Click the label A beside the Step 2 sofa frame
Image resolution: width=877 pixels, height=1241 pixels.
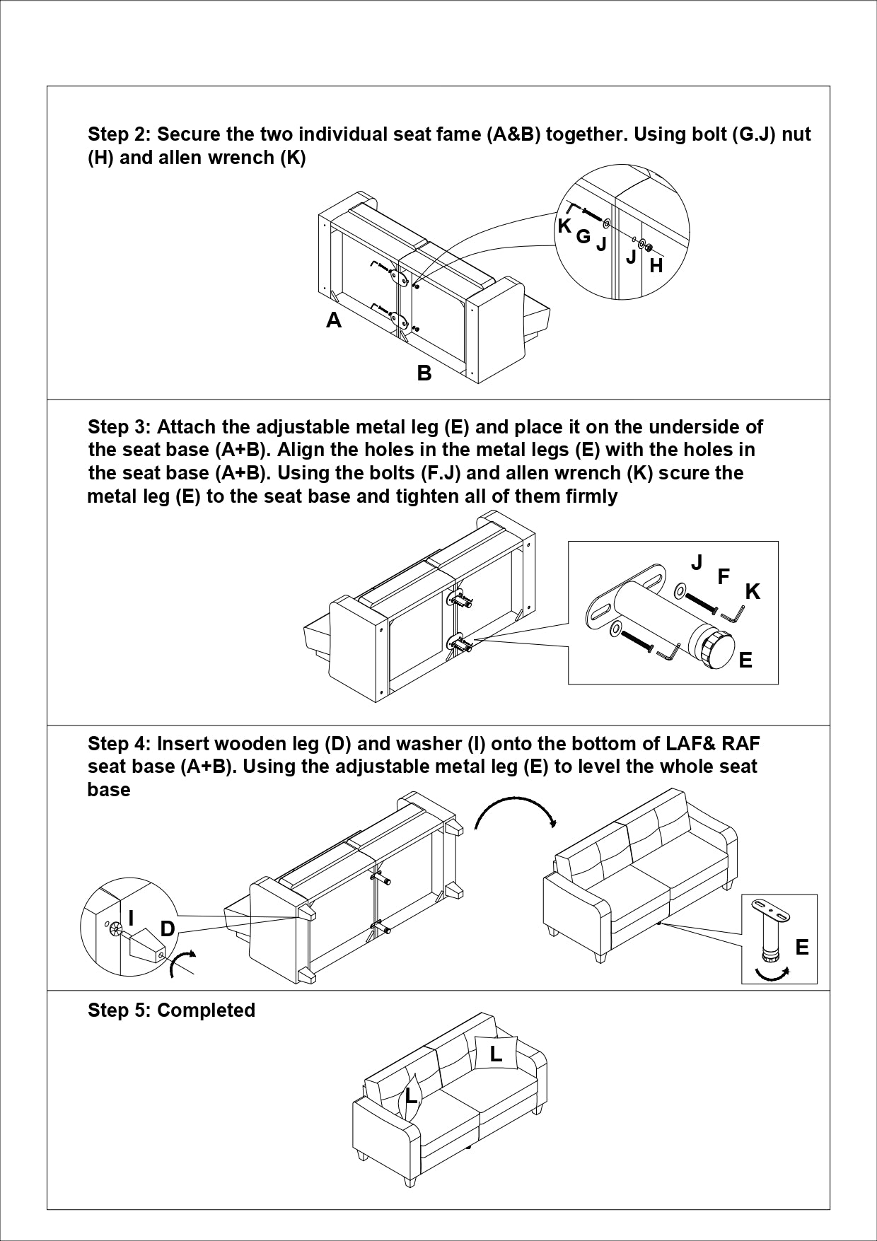coord(334,320)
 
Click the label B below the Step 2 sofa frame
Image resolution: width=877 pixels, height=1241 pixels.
coord(424,373)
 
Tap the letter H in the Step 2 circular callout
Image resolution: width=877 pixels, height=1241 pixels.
coord(656,266)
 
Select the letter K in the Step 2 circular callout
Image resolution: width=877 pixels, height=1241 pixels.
coord(564,226)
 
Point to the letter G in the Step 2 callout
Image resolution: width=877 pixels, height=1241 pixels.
coord(583,236)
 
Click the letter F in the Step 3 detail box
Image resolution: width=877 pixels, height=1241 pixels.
coord(723,577)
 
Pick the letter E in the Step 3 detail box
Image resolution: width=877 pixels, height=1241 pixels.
coord(745,660)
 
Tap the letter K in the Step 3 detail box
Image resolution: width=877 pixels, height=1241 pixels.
coord(753,592)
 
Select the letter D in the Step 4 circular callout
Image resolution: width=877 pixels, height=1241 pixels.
coord(168,928)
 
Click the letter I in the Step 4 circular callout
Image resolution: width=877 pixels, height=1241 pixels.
coord(132,919)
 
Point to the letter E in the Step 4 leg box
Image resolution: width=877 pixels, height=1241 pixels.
coord(801,947)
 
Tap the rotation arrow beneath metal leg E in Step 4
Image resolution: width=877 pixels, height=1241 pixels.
coord(772,974)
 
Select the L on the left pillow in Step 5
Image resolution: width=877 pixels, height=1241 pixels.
coord(410,1097)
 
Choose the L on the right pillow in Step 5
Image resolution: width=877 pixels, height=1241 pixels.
coord(496,1054)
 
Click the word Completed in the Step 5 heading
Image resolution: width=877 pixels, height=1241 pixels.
coord(206,1010)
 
